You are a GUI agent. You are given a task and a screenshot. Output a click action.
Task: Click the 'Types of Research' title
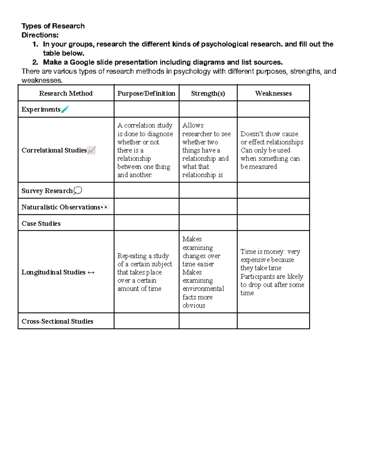click(x=53, y=26)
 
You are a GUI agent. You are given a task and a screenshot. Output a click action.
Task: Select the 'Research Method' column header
click(x=66, y=93)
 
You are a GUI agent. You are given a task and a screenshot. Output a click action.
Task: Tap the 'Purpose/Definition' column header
click(x=146, y=93)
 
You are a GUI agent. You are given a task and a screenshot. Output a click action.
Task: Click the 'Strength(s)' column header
click(x=208, y=93)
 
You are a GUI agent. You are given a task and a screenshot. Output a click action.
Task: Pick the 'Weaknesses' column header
click(x=273, y=93)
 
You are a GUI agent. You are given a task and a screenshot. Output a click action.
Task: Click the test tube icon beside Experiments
click(x=65, y=109)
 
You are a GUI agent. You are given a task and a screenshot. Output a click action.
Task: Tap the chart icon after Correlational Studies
click(x=91, y=150)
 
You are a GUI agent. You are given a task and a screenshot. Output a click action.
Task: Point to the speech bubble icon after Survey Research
click(x=78, y=191)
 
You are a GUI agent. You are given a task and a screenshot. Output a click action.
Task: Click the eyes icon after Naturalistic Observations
click(x=105, y=207)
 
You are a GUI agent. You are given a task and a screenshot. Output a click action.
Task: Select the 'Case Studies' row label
click(x=41, y=223)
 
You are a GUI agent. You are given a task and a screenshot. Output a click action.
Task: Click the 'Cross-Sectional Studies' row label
click(x=57, y=321)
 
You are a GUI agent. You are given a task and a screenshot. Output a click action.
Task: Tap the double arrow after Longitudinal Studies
click(x=91, y=273)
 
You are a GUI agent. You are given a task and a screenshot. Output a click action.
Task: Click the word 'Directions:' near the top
click(x=40, y=35)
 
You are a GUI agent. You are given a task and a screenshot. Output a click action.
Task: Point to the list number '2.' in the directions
click(x=35, y=62)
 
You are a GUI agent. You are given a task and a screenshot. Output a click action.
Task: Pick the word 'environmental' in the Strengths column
click(x=203, y=289)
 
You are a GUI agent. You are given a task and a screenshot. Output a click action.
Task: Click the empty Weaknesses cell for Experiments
click(x=273, y=109)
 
